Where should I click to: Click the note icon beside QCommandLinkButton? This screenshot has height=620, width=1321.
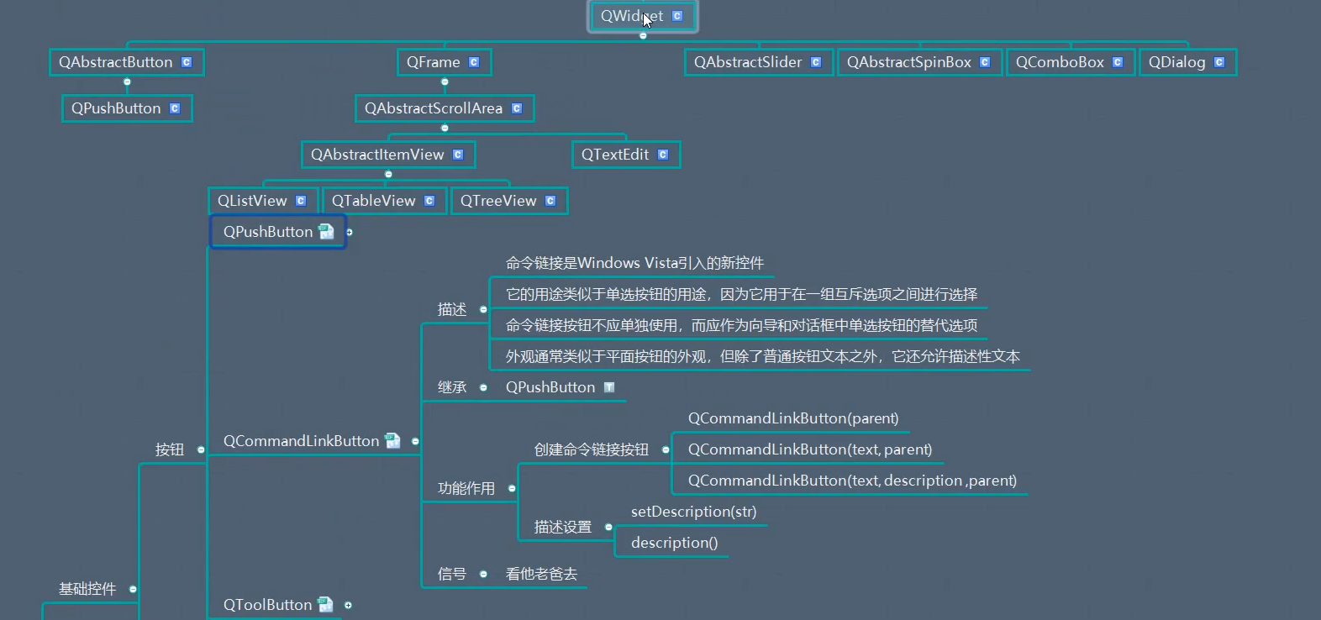392,440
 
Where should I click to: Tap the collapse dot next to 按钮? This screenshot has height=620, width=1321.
201,449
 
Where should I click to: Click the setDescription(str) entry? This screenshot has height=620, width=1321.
693,512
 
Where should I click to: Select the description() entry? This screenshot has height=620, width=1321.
674,543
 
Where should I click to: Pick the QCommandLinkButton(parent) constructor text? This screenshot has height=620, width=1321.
792,418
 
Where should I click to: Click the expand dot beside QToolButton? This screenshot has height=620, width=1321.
348,605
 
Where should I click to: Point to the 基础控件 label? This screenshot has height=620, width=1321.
87,589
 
